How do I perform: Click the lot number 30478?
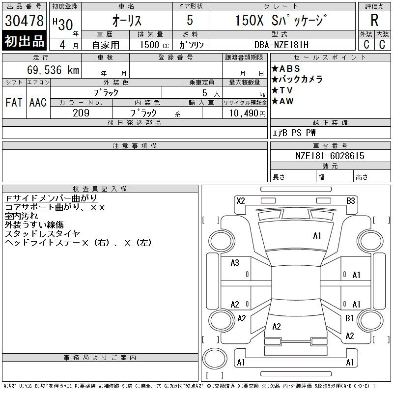click(24, 21)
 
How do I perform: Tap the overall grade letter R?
click(374, 20)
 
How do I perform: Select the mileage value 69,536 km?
click(53, 70)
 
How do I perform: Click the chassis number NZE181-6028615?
click(330, 156)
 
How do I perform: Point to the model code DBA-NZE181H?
click(281, 45)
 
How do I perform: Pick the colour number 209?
click(81, 113)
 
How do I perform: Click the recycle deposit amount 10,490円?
click(247, 113)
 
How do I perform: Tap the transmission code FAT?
click(14, 102)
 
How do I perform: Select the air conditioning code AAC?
click(38, 102)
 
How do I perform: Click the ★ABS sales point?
click(286, 68)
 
